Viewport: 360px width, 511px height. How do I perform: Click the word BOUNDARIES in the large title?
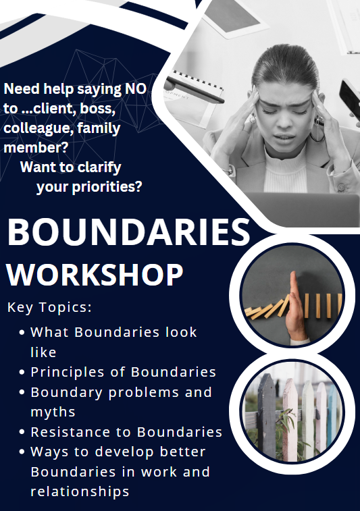point(129,232)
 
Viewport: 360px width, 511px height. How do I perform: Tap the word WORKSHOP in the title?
point(95,275)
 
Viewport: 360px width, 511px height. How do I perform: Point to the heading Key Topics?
point(49,307)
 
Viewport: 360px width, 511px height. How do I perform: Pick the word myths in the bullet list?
point(53,412)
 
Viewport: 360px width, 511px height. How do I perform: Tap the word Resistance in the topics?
point(70,432)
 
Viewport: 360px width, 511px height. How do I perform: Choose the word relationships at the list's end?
point(80,492)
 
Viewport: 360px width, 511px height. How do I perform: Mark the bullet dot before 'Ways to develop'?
point(22,452)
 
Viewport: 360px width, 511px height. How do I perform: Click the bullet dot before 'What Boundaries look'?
point(22,332)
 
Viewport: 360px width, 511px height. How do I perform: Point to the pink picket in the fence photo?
point(290,419)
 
